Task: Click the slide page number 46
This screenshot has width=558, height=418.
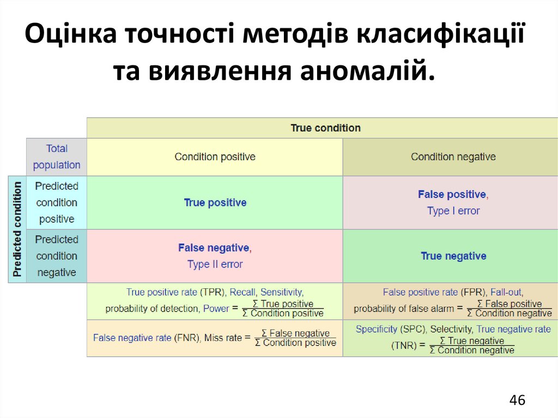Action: pyautogui.click(x=517, y=401)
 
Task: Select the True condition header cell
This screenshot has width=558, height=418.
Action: pyautogui.click(x=325, y=128)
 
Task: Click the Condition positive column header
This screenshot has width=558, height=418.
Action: pyautogui.click(x=215, y=157)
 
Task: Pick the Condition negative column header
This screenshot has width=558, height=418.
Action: pyautogui.click(x=453, y=157)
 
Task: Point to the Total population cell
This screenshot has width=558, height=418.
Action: pyautogui.click(x=57, y=157)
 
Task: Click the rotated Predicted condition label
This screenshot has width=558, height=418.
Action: pyautogui.click(x=17, y=229)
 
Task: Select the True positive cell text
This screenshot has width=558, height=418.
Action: pyautogui.click(x=215, y=203)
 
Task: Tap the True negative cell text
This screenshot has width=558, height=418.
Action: pyautogui.click(x=453, y=256)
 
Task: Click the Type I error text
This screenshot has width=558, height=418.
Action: pyautogui.click(x=453, y=211)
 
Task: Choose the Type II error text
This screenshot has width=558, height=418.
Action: pyautogui.click(x=215, y=264)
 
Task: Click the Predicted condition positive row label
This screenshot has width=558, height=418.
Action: pyautogui.click(x=57, y=203)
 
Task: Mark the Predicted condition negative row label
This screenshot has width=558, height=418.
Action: pyautogui.click(x=57, y=256)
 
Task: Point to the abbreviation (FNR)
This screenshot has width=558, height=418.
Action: pyautogui.click(x=187, y=338)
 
